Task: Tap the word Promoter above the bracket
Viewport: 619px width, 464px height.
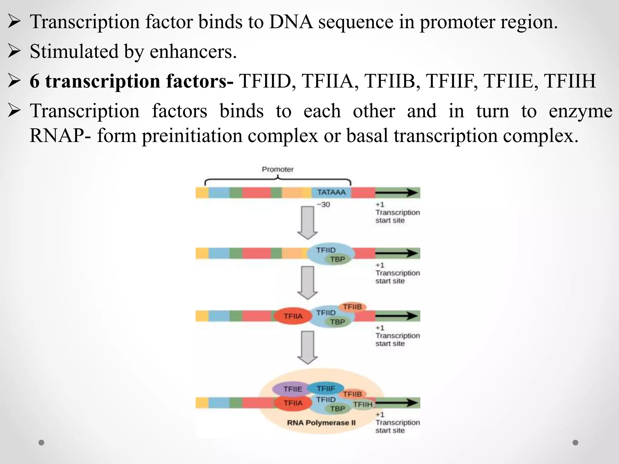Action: (277, 169)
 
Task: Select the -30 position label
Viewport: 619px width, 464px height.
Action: (323, 205)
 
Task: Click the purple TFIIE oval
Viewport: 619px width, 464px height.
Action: (292, 389)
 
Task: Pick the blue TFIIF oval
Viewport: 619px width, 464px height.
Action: (326, 388)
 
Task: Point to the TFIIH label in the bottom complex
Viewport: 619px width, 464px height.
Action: (363, 404)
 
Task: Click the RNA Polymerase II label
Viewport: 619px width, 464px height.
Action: (321, 423)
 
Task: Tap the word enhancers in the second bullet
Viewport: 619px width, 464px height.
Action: (193, 51)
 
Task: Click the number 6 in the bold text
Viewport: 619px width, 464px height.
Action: (34, 81)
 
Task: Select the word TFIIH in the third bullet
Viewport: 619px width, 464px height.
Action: (569, 81)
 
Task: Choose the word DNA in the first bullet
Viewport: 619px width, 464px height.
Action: (291, 22)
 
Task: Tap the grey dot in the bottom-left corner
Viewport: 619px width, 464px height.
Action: (41, 443)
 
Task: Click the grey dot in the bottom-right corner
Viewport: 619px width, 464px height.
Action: (575, 443)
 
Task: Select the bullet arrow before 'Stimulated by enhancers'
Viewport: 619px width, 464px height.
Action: (14, 51)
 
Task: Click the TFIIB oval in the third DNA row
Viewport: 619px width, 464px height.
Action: (352, 307)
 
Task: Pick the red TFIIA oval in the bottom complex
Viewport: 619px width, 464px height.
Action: (293, 403)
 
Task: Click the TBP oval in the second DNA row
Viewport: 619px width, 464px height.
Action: (337, 259)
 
